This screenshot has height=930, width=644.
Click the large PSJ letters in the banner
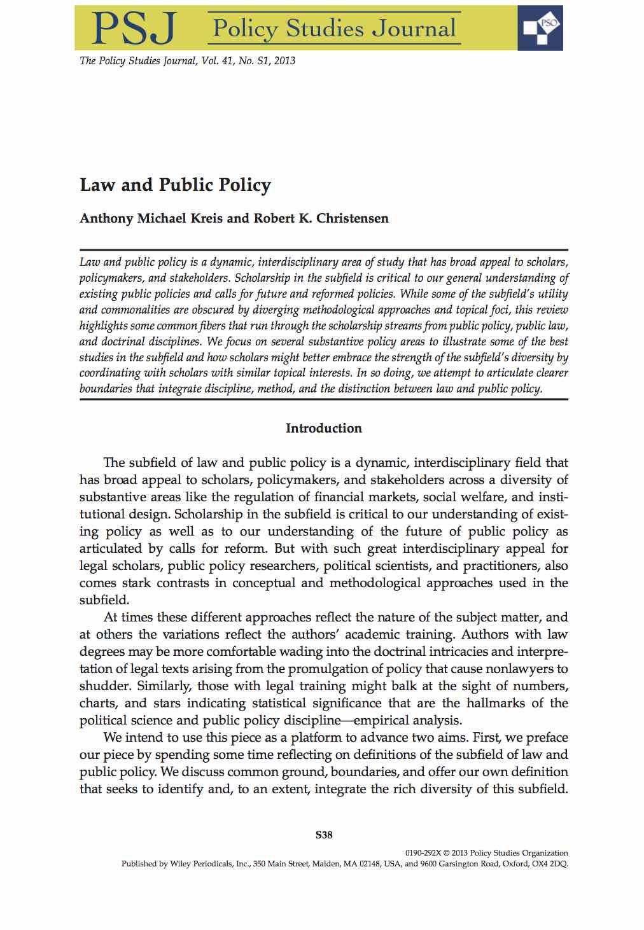click(x=132, y=29)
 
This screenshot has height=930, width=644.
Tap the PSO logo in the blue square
click(x=540, y=27)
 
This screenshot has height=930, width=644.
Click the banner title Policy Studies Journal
click(x=334, y=29)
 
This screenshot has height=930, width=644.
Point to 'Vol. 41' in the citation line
click(x=220, y=61)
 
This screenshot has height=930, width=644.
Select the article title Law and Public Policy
click(x=175, y=185)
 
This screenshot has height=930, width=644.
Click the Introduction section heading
click(x=323, y=428)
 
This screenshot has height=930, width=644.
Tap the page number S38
click(x=324, y=835)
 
